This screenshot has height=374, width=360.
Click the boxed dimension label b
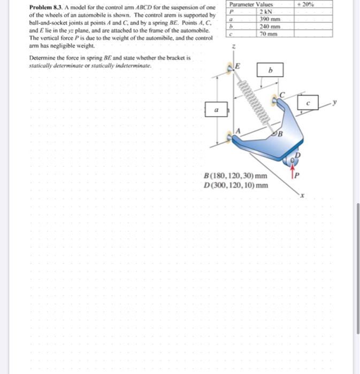270,71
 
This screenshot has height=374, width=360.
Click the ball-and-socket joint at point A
231,138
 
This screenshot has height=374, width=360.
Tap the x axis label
301,196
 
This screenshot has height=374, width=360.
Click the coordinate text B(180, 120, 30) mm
236,176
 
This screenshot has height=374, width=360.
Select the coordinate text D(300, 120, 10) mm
236,185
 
